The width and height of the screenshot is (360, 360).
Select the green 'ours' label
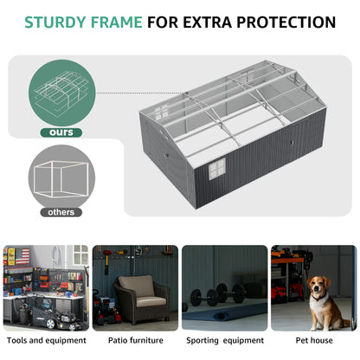tap(61, 132)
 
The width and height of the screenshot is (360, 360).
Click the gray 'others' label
tap(61, 212)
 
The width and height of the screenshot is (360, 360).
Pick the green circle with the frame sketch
tap(61, 93)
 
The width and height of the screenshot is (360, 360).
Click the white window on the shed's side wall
tap(217, 169)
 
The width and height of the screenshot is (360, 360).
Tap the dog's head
tap(318, 286)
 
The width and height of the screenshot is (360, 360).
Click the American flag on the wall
tap(22, 256)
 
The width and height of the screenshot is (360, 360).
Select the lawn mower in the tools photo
tap(55, 314)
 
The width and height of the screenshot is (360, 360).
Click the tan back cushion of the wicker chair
tap(136, 286)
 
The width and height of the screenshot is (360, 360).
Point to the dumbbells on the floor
tap(218, 294)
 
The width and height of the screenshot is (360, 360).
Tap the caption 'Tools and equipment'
tap(47, 340)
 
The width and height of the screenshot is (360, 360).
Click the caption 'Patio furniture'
tap(136, 340)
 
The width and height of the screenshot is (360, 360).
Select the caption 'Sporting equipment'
tap(225, 341)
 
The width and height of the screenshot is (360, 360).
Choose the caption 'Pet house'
tap(314, 340)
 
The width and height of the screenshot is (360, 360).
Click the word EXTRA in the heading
tap(207, 22)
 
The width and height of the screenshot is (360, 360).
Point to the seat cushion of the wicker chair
tap(151, 302)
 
